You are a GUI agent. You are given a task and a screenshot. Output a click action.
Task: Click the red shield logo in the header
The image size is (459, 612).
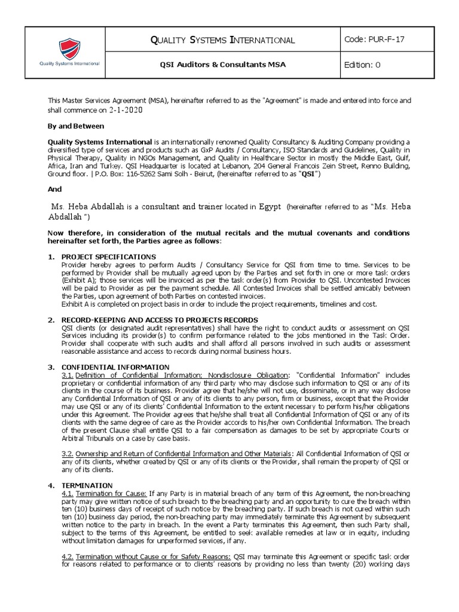point(69,48)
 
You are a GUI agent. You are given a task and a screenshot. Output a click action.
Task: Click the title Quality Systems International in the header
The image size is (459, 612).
point(223,40)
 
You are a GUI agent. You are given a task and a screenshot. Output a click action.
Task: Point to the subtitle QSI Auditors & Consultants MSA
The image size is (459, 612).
point(223,65)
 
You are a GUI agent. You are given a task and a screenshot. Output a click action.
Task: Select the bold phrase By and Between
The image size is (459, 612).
point(76,126)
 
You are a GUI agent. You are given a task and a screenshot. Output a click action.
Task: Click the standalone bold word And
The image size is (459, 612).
point(54,188)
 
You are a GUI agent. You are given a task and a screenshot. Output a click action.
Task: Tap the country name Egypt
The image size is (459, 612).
point(270,207)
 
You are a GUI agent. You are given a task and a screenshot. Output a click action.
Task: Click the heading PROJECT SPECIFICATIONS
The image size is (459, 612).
point(109,256)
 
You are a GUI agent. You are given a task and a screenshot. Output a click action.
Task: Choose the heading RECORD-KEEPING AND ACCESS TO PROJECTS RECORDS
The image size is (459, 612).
point(160,320)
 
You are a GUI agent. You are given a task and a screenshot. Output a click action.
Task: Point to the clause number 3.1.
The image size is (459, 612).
point(67,374)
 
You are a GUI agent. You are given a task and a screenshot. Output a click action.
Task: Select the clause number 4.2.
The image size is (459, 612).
point(67,555)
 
